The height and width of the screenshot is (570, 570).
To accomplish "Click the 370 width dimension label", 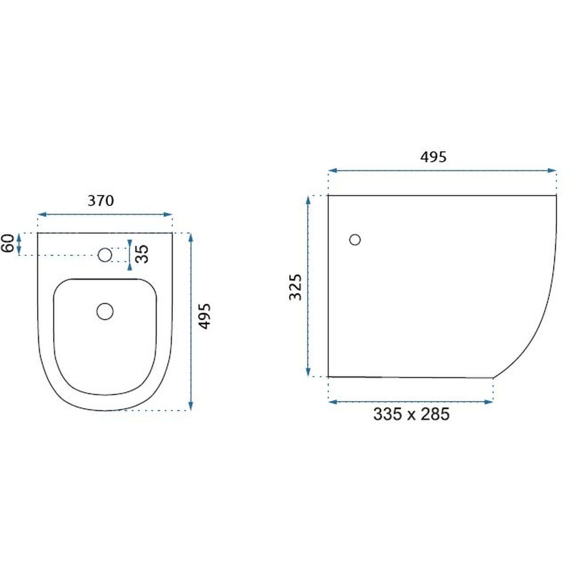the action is tap(101, 201).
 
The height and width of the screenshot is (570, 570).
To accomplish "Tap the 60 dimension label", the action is tap(8, 243).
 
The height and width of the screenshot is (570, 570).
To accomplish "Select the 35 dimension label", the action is tap(142, 254).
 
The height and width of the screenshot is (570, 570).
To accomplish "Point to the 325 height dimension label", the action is tap(295, 287).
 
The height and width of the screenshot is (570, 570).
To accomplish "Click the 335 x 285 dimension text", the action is tap(411, 414).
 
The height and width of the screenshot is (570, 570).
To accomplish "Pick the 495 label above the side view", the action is tap(433, 157).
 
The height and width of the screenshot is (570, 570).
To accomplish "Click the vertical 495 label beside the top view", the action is tap(204, 316).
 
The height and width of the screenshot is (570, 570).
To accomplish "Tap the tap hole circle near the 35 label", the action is tap(104, 255).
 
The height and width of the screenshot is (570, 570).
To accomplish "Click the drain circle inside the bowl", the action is tap(105, 312).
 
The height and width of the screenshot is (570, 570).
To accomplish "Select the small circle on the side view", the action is tap(355, 239).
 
